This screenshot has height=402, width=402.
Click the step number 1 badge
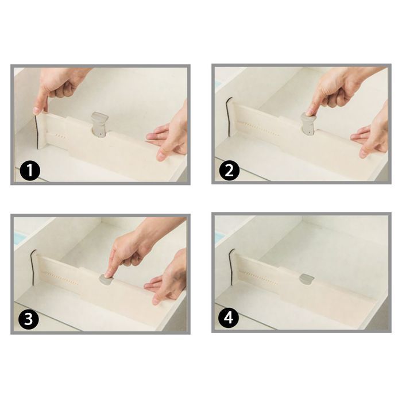pos(29,171)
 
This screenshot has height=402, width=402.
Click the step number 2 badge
pos(229,171)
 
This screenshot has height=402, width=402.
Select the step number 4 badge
pos(229,319)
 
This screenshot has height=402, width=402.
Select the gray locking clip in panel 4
pos(306,279)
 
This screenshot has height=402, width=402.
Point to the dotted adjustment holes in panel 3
pos(60,275)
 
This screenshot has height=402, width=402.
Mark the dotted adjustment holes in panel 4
pos(260,274)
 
